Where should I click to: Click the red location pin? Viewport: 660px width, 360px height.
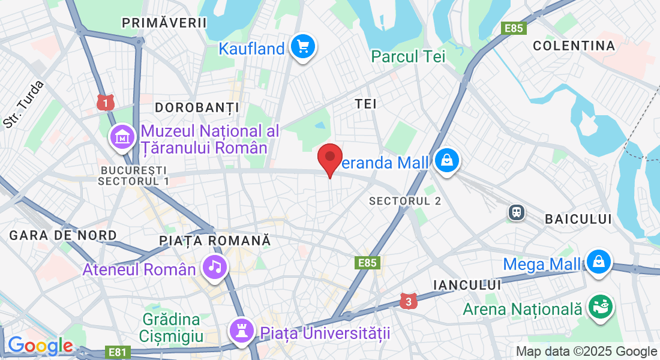pos(329,157)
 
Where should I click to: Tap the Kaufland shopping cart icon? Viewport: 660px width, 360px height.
pos(302,46)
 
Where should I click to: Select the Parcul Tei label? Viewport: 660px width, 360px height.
pos(408,56)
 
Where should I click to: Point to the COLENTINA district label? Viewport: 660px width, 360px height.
pos(574,46)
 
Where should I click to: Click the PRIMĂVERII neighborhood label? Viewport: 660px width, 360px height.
pos(164,23)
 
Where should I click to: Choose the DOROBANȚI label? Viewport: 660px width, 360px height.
pos(197,107)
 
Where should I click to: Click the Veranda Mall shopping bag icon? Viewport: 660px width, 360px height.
pos(447,161)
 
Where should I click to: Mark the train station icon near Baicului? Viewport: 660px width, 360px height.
pos(515,212)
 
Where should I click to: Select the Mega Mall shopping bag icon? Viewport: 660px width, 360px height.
pos(598,262)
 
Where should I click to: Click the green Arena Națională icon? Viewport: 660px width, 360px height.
pos(599,307)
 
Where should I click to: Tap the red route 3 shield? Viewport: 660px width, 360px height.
pos(408,302)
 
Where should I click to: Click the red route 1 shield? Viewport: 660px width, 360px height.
pos(105,103)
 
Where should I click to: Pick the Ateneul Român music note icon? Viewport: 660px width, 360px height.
pos(215,267)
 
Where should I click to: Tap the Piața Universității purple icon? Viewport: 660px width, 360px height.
pos(241,330)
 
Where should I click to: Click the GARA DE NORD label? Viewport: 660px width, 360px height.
pos(55,235)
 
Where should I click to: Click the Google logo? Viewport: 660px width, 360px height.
pos(40,346)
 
